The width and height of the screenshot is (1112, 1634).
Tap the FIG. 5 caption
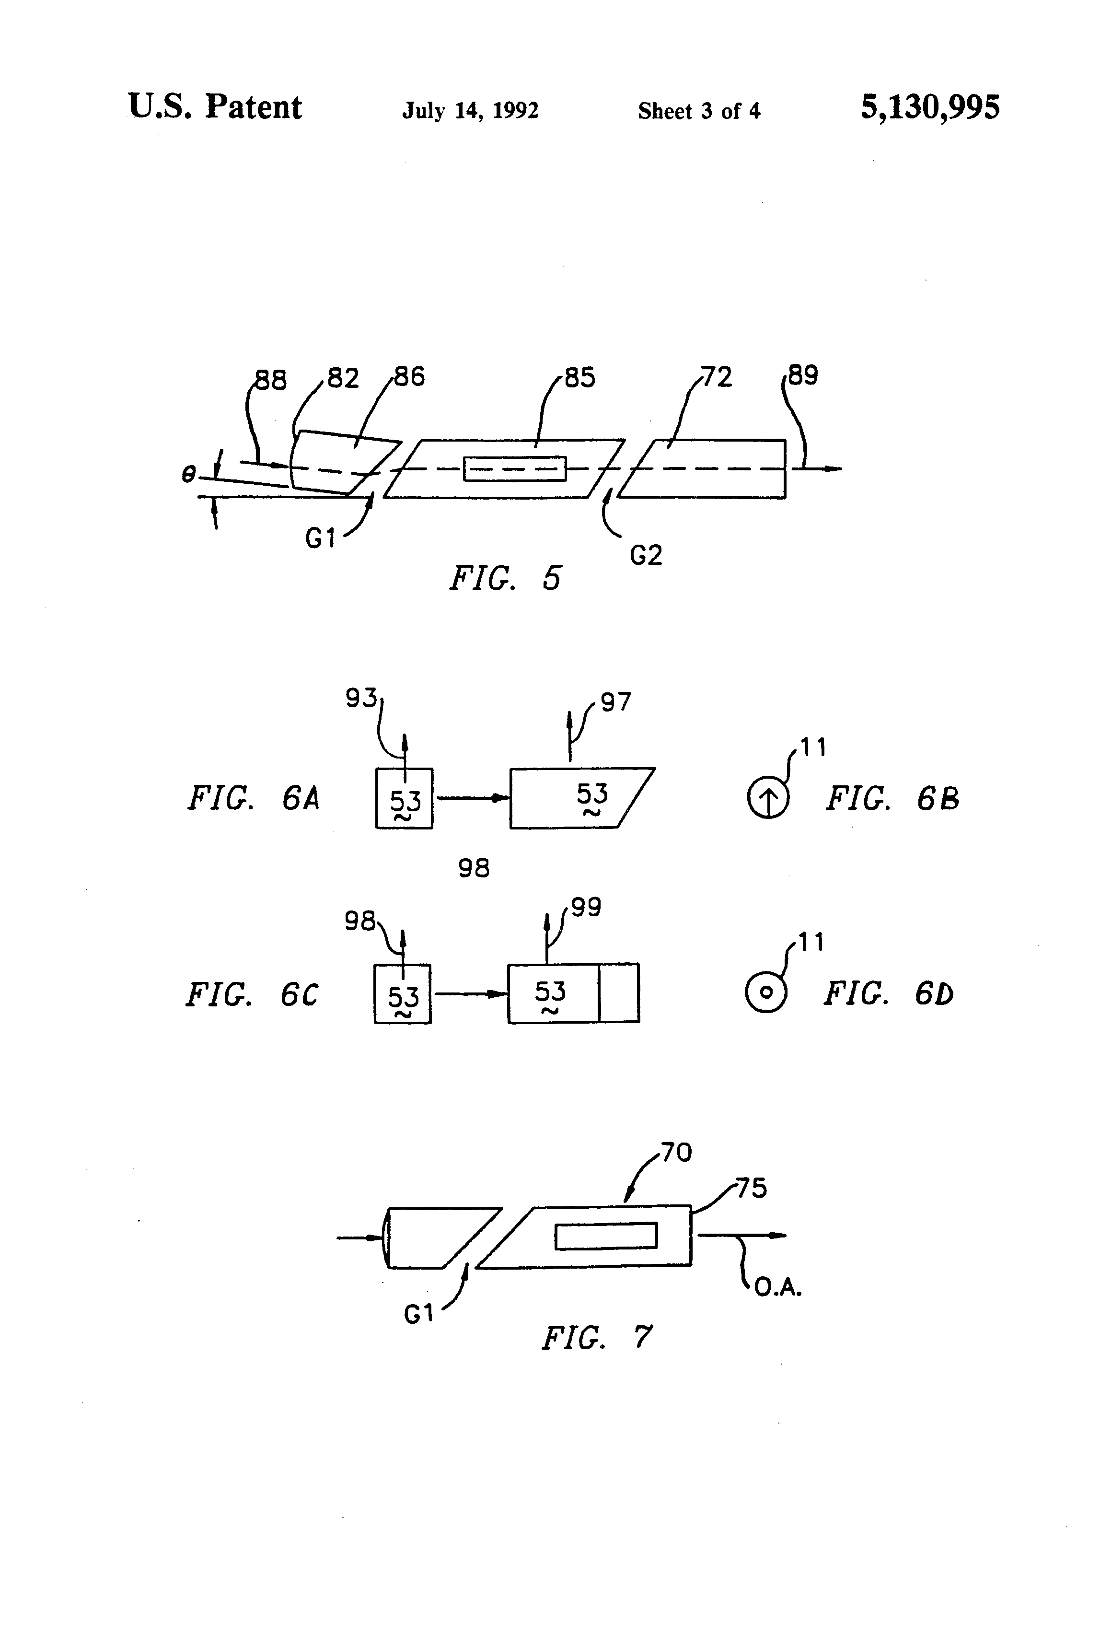tap(505, 578)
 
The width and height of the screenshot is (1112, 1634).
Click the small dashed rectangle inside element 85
tap(514, 469)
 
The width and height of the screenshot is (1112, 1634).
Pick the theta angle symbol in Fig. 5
tap(188, 475)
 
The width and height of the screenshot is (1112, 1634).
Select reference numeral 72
tap(717, 377)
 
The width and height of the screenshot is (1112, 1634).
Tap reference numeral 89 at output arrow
tap(803, 375)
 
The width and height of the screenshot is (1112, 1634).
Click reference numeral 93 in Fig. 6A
tap(360, 698)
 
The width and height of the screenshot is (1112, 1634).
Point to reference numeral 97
tap(616, 702)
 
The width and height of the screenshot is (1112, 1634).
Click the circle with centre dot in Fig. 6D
tap(766, 992)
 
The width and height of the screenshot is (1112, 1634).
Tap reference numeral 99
tap(586, 908)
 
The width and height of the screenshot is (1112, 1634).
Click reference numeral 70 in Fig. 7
tap(676, 1152)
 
